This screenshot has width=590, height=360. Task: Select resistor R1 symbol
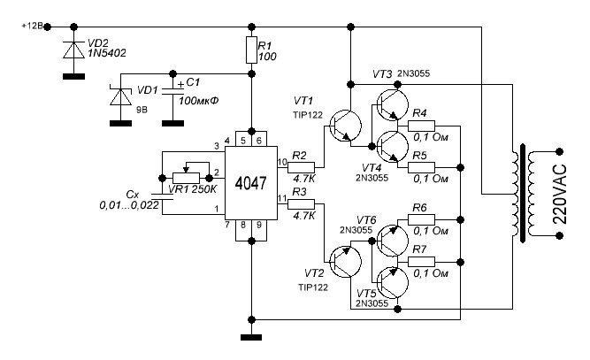(252, 51)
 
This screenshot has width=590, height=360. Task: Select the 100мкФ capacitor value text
(201, 99)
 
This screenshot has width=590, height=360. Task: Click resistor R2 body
(301, 166)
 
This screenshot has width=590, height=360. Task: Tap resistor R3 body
(301, 203)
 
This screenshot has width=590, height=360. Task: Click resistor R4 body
(427, 126)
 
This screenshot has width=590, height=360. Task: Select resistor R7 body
(427, 263)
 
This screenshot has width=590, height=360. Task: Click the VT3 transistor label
(382, 73)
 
